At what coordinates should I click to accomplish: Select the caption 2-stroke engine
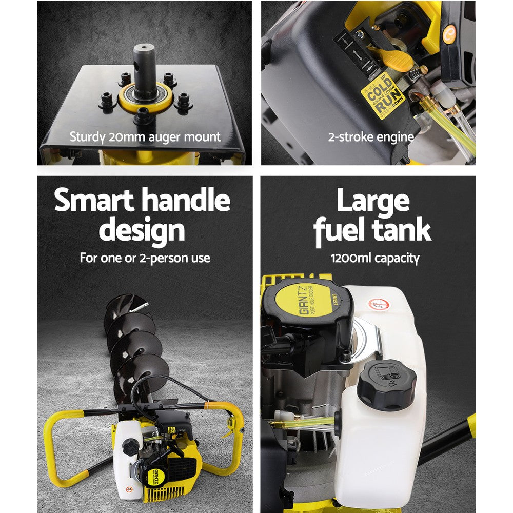(x=371, y=137)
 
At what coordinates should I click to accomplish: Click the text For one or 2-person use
(x=145, y=258)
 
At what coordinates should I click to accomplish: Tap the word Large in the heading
(x=373, y=201)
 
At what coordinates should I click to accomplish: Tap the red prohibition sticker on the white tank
(x=380, y=305)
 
